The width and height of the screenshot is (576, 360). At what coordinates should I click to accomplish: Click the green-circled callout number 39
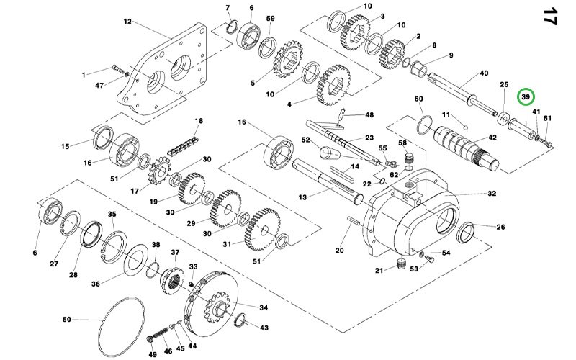[526, 97]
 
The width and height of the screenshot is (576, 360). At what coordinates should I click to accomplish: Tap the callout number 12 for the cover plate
[127, 22]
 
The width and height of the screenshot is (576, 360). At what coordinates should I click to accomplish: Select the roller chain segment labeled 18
[183, 146]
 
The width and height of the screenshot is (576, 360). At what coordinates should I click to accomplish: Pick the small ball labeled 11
[465, 127]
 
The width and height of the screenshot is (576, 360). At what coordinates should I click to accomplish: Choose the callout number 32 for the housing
[492, 193]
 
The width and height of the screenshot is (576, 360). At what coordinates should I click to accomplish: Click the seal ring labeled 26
[466, 233]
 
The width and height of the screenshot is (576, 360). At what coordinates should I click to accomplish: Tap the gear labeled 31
[263, 230]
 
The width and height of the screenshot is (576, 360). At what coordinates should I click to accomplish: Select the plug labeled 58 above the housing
[409, 159]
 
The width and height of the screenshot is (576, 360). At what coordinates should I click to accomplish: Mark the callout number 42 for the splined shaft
[492, 138]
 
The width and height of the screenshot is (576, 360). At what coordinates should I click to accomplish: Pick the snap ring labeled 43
[240, 319]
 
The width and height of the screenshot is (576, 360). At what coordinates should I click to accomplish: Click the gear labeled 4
[333, 85]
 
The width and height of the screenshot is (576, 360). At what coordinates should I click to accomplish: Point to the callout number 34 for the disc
[264, 307]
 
